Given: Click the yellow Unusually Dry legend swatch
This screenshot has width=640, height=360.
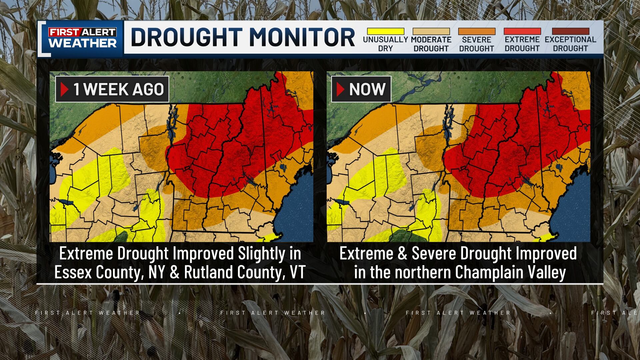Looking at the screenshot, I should pos(385,32).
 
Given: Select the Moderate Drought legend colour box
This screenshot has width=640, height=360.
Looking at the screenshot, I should pos(431,32).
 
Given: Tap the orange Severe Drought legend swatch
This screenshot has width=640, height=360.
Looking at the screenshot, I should pos(477,32).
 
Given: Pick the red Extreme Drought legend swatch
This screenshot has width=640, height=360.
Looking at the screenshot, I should pos(522,32).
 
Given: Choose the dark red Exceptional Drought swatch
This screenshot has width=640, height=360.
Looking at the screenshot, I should pos(570,32).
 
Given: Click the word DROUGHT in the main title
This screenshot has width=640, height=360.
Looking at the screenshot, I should pos(186,37).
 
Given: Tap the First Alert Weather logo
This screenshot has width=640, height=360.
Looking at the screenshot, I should pos(83,38).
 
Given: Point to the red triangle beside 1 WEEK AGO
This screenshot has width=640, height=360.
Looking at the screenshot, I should pos(65,89).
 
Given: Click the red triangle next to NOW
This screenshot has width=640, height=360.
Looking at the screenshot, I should pos(340,89).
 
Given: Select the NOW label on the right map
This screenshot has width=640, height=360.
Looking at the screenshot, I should pos(367,89).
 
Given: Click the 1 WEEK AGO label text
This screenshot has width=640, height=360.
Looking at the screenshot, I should pos(119,89).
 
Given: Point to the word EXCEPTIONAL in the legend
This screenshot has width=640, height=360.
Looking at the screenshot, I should pos(570,40).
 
